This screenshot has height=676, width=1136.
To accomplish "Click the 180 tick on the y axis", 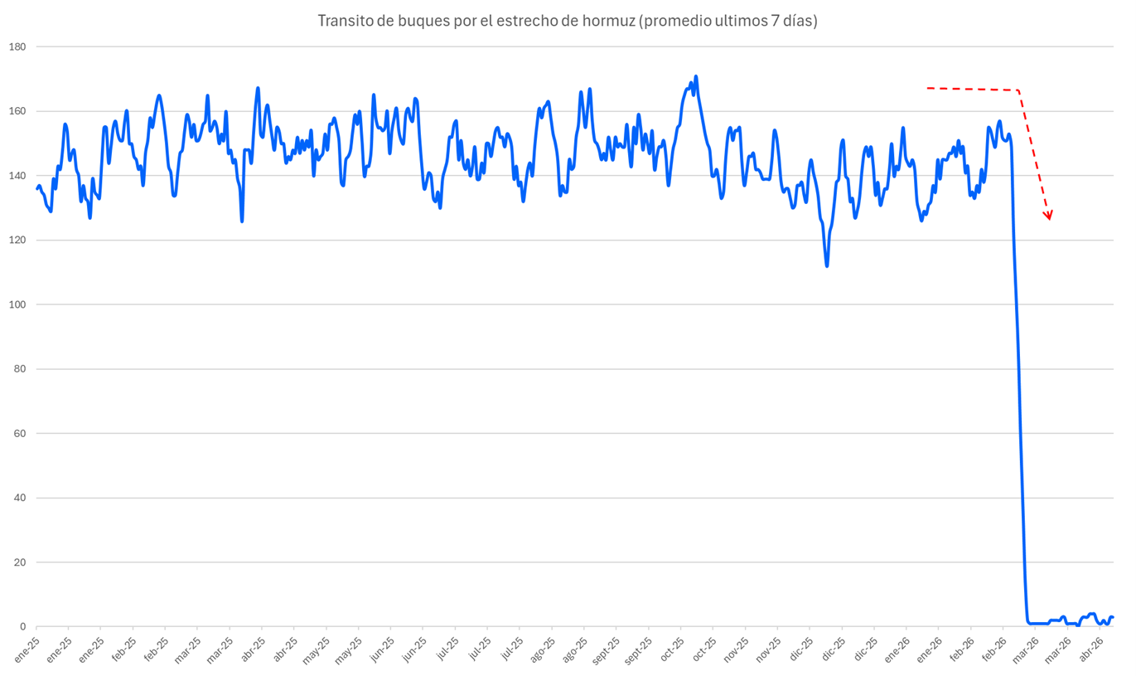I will tap(17, 46).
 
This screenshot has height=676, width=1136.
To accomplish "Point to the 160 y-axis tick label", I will tap(17, 111).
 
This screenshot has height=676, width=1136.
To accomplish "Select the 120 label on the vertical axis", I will tap(17, 240).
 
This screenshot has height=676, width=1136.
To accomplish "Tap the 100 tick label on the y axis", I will tap(17, 304).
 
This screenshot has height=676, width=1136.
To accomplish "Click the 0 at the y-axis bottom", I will tap(23, 627).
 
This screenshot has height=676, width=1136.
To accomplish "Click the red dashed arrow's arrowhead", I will tap(1049, 216).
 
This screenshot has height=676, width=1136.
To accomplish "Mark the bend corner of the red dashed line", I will tap(1018, 90).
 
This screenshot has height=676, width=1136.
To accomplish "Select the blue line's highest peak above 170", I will tap(696, 77).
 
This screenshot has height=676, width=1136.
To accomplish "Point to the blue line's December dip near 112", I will tap(827, 265).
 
